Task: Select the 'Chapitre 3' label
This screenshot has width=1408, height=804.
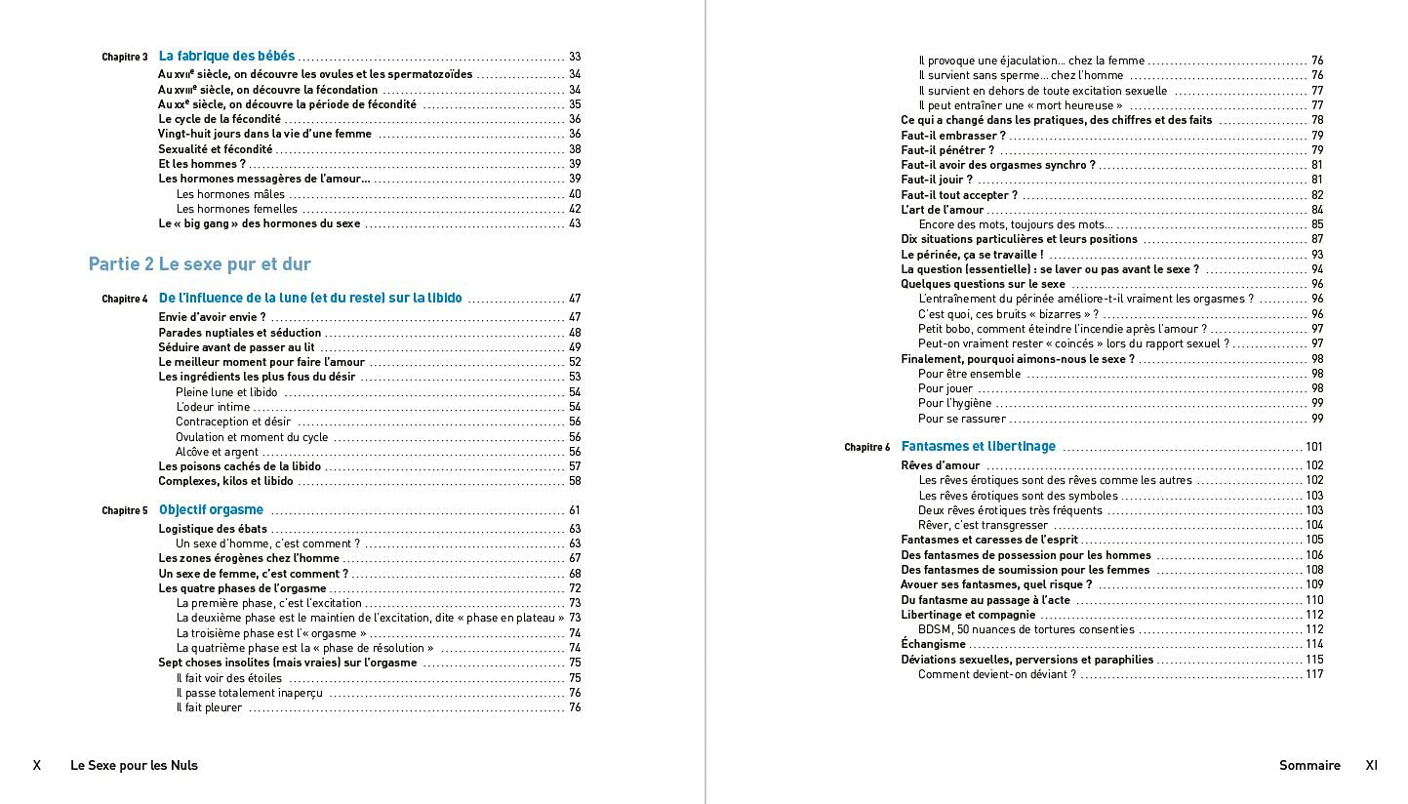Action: click(x=125, y=58)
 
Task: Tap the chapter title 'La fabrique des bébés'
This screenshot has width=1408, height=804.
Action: click(x=226, y=57)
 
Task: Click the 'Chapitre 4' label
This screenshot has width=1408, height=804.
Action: click(x=125, y=300)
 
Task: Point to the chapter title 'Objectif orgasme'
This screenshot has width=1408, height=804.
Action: click(x=211, y=510)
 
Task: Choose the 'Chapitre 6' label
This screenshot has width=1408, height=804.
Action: click(x=867, y=448)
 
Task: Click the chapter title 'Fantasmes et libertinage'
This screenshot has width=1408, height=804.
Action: click(x=978, y=447)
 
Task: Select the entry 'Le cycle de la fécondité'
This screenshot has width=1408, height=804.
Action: click(x=220, y=119)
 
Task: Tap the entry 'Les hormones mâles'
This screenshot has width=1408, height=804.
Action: click(x=230, y=194)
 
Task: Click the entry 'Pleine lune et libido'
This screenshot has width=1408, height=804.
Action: click(x=226, y=392)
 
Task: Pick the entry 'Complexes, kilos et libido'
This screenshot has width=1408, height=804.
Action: click(x=225, y=481)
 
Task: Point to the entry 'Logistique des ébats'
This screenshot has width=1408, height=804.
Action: click(x=213, y=529)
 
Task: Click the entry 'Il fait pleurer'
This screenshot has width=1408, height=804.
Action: click(x=209, y=707)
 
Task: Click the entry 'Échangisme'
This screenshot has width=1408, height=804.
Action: click(x=933, y=644)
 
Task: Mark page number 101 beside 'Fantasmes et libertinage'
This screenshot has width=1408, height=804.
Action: click(x=1314, y=447)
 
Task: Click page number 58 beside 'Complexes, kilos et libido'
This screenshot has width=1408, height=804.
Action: click(x=575, y=481)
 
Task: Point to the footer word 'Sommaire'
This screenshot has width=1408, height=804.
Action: click(x=1309, y=766)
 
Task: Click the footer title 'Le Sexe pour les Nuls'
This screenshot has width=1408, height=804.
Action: click(x=134, y=766)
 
